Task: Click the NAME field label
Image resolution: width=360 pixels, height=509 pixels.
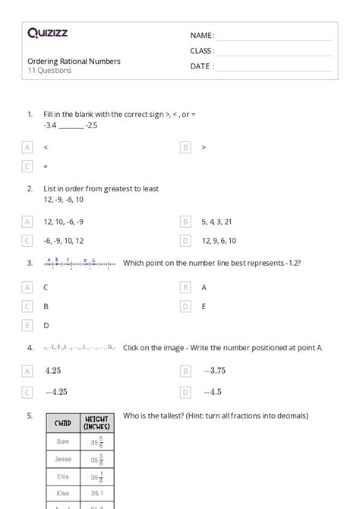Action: [x=202, y=36]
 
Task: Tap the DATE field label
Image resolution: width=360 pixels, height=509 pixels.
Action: [x=201, y=66]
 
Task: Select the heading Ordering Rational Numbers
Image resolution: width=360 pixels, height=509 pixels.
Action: [x=74, y=61]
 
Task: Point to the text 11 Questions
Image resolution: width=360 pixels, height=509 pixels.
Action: [x=49, y=71]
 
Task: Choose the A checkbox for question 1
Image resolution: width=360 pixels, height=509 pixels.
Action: [x=28, y=147]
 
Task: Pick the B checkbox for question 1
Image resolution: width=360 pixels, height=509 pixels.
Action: [x=185, y=147]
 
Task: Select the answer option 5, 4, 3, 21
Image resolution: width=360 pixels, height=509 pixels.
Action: [x=216, y=221]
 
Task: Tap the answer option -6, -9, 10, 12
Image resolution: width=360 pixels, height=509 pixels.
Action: [x=64, y=241]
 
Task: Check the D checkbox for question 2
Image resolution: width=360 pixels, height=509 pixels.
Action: [x=185, y=241]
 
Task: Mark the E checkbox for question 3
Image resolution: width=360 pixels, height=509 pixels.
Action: [x=28, y=325]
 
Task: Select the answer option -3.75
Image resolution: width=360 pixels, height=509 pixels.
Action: [x=214, y=371]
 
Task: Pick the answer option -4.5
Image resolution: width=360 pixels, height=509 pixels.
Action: [x=212, y=392]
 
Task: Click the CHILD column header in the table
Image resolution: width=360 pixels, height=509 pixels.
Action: [x=63, y=423]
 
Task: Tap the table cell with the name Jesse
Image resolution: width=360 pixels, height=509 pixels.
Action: [x=63, y=459]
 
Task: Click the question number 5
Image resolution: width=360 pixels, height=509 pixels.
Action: [x=30, y=416]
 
